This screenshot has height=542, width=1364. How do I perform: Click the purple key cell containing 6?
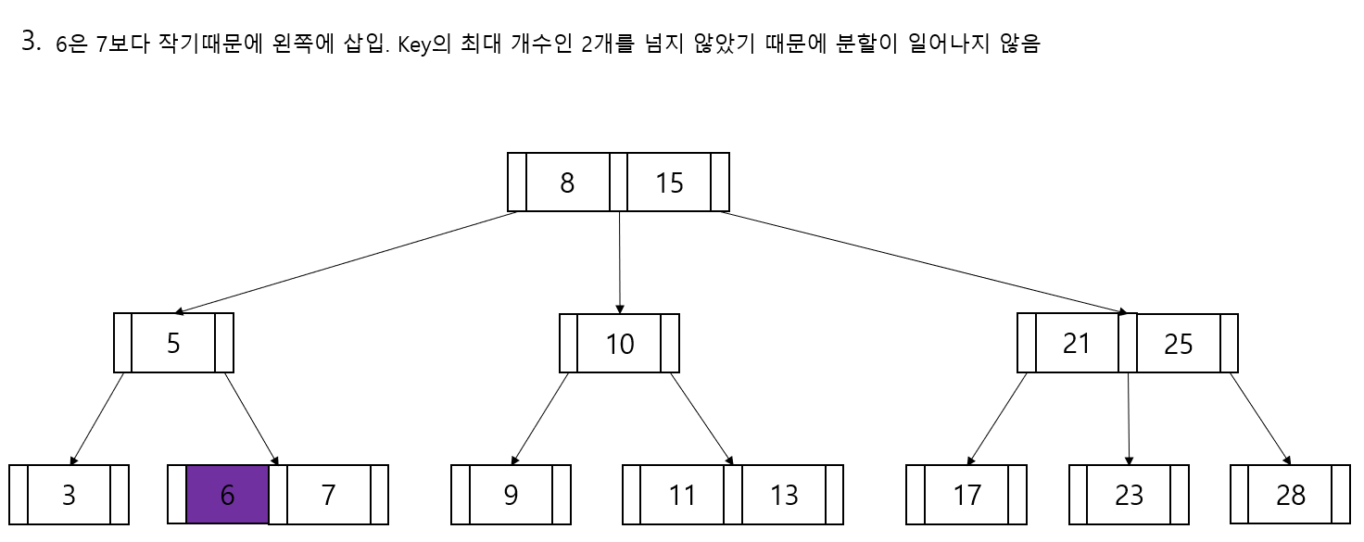click(x=228, y=495)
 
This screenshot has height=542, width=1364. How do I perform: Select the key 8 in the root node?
click(x=567, y=183)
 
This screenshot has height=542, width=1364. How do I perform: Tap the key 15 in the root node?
click(x=669, y=183)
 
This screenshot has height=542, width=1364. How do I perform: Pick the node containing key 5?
click(x=173, y=343)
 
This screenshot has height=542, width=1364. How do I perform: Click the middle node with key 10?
click(x=619, y=344)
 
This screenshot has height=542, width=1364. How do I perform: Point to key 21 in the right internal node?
click(x=1077, y=343)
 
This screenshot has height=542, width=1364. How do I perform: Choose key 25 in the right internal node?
click(x=1179, y=344)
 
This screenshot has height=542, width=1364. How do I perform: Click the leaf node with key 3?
click(x=69, y=495)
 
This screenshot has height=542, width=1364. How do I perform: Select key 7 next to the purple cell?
click(x=328, y=495)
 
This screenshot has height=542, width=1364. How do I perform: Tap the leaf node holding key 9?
click(x=511, y=495)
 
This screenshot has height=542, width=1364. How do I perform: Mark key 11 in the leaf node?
click(x=682, y=495)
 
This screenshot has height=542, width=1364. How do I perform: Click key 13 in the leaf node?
click(x=784, y=495)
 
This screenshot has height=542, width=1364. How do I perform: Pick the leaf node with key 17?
click(x=966, y=495)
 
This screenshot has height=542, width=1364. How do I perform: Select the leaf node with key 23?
click(x=1129, y=495)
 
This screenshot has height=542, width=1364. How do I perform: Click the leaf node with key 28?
click(x=1291, y=495)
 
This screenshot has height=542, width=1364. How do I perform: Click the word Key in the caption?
click(x=411, y=45)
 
